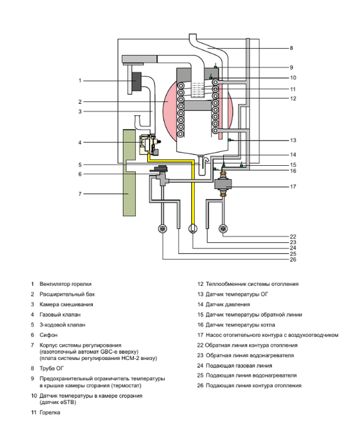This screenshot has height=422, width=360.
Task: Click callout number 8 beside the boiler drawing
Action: (x=291, y=48)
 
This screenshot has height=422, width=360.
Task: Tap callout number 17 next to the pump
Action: (x=293, y=187)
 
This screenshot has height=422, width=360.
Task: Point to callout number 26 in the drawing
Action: (x=293, y=260)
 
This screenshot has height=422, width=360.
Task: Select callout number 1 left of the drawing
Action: (x=80, y=80)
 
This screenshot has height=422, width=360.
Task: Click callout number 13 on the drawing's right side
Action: (x=293, y=140)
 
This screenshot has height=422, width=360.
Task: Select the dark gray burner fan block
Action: (x=137, y=81)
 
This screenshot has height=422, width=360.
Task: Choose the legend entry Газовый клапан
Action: (x=60, y=315)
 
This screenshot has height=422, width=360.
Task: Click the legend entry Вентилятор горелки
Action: (x=66, y=284)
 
